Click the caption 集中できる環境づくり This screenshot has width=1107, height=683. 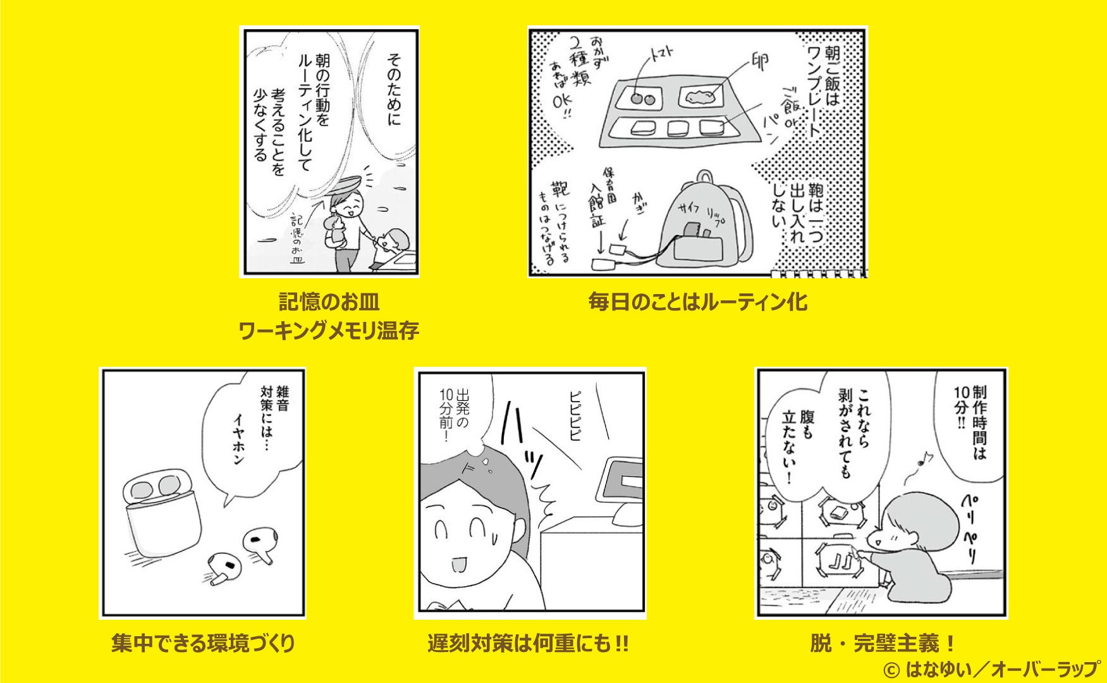pyautogui.click(x=203, y=644)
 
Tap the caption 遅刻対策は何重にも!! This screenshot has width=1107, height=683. pyautogui.click(x=528, y=644)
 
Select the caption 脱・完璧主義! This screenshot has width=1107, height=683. pyautogui.click(x=882, y=644)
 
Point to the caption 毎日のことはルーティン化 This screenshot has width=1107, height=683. pyautogui.click(x=697, y=302)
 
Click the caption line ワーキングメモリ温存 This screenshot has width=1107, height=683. pyautogui.click(x=329, y=330)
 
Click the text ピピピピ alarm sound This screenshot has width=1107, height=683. pyautogui.click(x=575, y=420)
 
